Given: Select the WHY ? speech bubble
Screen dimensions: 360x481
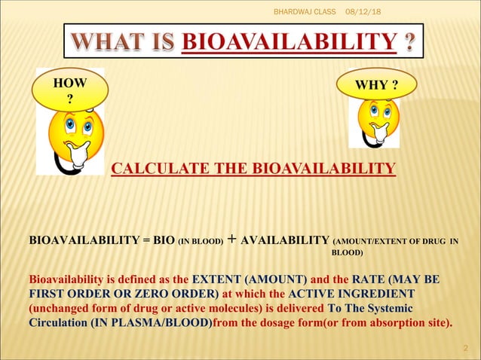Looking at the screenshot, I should coord(378,83).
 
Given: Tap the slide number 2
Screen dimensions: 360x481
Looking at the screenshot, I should coord(465,347).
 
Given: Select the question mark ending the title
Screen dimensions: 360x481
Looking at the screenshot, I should coord(408,40).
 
